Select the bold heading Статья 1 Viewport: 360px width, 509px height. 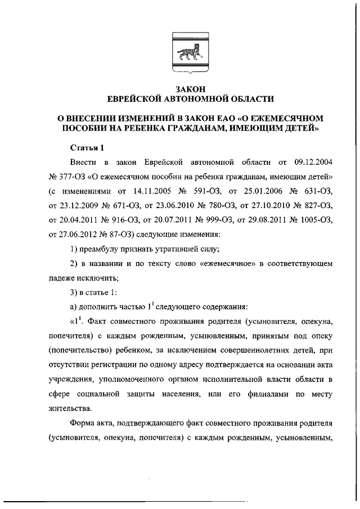(87, 148)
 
